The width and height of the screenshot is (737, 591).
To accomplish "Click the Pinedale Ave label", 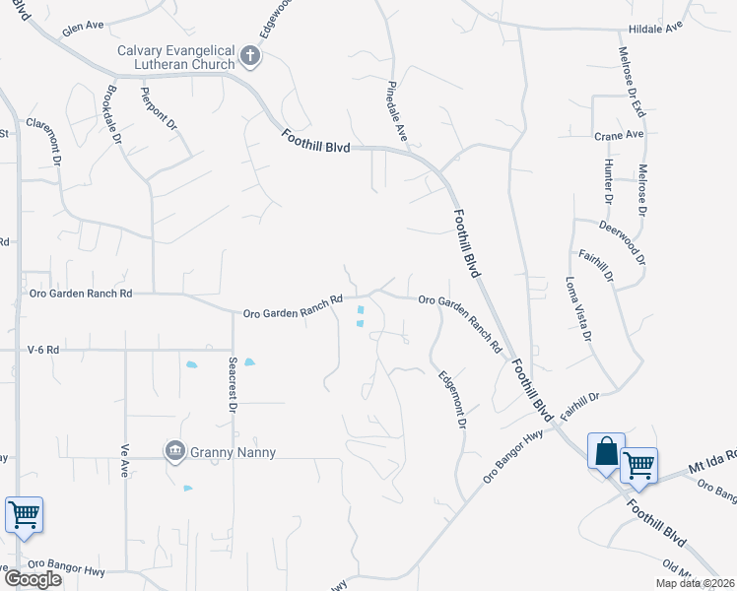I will click(400, 108).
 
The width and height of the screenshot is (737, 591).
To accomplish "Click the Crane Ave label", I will click(618, 135).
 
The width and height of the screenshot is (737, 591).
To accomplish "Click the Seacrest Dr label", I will click(234, 385).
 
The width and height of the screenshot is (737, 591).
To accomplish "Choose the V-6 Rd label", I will click(43, 350).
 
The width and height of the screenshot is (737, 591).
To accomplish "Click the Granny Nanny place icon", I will click(175, 451).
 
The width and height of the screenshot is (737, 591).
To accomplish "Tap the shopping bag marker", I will click(604, 452).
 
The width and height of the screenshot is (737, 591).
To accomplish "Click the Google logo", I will click(33, 579).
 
